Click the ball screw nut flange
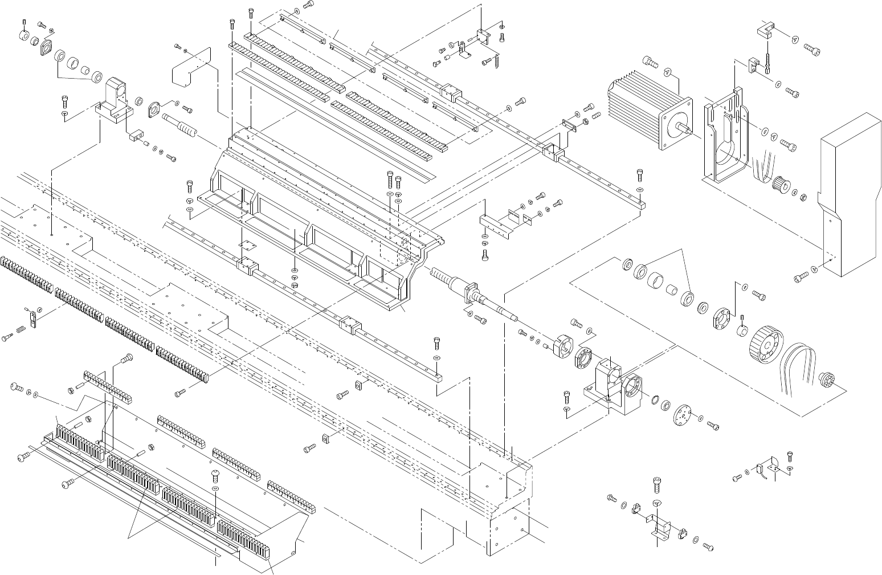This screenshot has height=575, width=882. pos(472,294)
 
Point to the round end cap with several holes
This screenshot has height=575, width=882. pos(681,414)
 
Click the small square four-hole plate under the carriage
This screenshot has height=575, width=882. pos(246,244)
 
